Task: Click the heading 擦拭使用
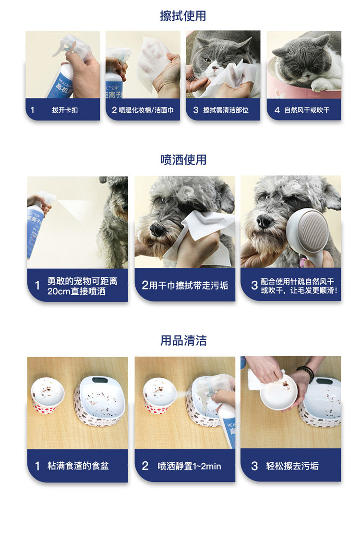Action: tap(183, 16)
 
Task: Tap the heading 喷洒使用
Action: tap(183, 160)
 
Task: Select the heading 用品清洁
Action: tap(183, 340)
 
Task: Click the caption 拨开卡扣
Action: tap(65, 110)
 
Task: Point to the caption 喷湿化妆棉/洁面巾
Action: tap(146, 110)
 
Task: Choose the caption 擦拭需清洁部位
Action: tap(226, 110)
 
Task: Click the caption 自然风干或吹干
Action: tap(307, 110)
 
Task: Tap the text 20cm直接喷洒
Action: tap(76, 291)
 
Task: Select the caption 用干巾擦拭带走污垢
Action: tap(189, 285)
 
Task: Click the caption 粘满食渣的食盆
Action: tap(78, 466)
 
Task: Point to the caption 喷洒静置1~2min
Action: tap(189, 466)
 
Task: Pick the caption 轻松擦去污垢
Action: tap(292, 466)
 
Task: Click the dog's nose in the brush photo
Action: tap(264, 220)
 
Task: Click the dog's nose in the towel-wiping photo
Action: tap(157, 229)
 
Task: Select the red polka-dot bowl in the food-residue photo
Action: tap(48, 396)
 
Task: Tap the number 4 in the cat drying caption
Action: tap(277, 110)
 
